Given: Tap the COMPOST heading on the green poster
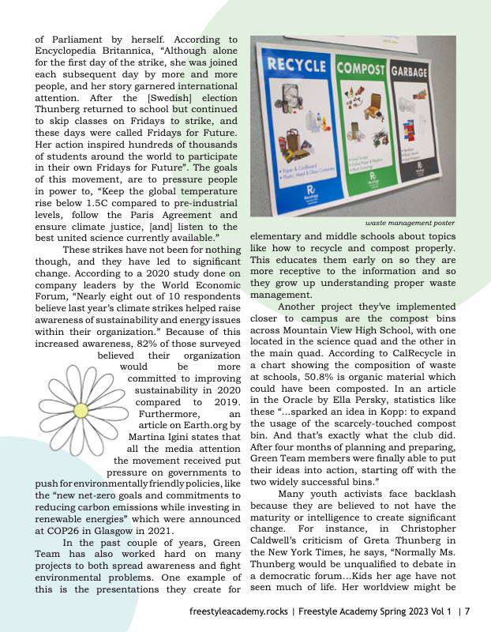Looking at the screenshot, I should tap(369, 69).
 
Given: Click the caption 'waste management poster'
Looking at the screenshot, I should tap(410, 224).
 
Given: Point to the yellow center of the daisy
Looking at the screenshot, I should tap(80, 410).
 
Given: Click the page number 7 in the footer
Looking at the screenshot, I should tap(467, 611).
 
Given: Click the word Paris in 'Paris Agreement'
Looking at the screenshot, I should tap(144, 215).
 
